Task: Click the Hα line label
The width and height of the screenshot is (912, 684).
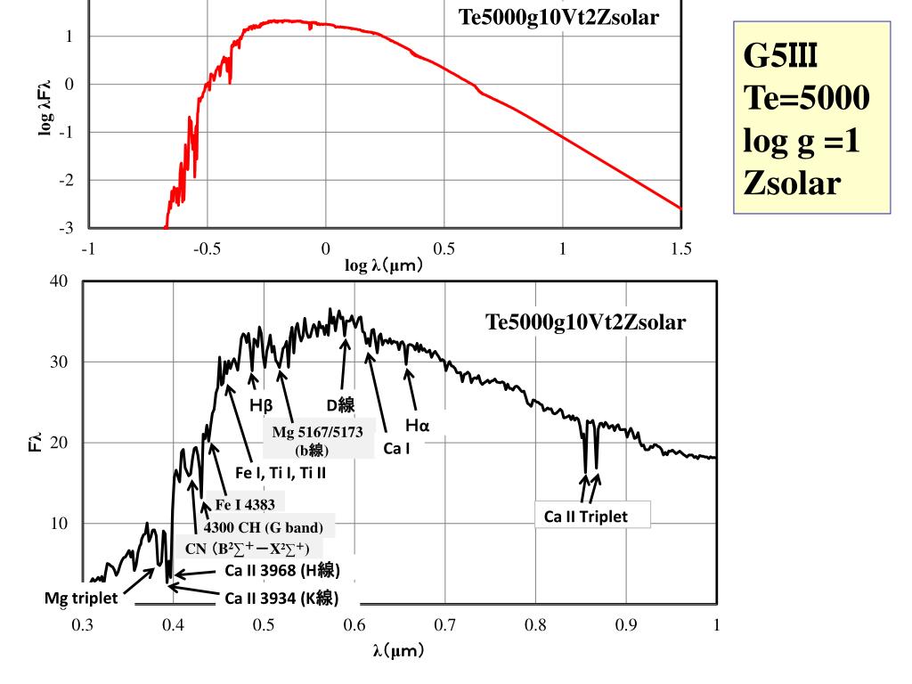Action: pos(418,426)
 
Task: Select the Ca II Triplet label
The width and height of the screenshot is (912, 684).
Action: pos(586,516)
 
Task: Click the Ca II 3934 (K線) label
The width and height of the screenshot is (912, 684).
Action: pos(281,598)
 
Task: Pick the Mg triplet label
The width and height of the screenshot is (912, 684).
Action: pos(81,598)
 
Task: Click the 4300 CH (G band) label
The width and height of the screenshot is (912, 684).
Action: pos(264,525)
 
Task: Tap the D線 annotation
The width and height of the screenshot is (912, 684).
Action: pos(340,405)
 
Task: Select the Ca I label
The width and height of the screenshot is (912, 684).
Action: pos(396,448)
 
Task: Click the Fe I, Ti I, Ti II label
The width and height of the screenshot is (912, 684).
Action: pos(273,473)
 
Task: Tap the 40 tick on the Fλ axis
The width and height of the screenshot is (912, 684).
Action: pos(60,281)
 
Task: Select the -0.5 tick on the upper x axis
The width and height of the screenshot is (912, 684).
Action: pos(207,249)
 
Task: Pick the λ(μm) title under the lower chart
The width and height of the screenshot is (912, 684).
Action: pos(398,650)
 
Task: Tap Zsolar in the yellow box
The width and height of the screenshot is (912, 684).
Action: pos(792,183)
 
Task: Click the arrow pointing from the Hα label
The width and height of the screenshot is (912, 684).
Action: pos(411,389)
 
